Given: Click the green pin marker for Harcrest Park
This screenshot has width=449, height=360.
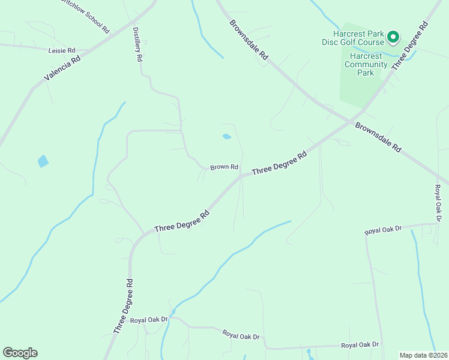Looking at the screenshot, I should pos(393,37).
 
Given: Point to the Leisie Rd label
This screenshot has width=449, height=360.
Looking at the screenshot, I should pos(61,51).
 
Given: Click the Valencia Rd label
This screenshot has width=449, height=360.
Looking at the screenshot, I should pos(62,69).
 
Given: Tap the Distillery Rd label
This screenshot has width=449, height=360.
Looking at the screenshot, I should pos(138,44).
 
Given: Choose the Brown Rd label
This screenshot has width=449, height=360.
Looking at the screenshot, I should pos(224,167).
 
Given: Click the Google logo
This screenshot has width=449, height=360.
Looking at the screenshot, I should pos(20,352).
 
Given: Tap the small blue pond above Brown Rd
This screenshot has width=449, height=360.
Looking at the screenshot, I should pos(226,137).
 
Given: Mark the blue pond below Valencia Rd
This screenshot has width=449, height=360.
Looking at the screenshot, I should pos(43,161).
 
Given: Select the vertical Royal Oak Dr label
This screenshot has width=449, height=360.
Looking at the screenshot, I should pos(438,203).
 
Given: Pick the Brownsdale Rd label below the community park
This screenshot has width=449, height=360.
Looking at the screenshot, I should pos(378,138).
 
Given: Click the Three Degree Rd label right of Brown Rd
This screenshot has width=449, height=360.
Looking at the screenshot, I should pos(279,163).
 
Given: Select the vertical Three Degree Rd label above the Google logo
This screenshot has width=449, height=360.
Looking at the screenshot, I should pos(122,306).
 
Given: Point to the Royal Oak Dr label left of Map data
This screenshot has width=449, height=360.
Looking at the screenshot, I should pos(360,344).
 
